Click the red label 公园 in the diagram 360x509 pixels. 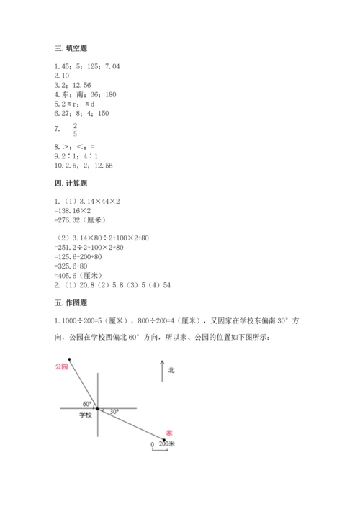[60, 367]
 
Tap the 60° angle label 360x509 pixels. [87, 403]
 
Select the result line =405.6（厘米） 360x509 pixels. [80, 274]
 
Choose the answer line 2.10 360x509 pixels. [61, 76]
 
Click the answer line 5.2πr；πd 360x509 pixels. [76, 103]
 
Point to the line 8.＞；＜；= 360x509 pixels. [75, 146]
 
